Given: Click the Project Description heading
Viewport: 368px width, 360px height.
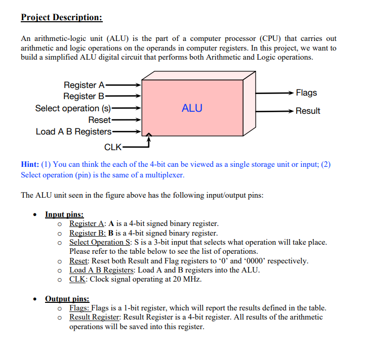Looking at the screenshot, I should [x=62, y=18].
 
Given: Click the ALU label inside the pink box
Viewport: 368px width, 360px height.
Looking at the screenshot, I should [x=192, y=108].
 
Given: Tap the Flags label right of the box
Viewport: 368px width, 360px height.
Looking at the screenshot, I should [x=306, y=93].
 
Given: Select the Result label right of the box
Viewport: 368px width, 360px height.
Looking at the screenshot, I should [x=308, y=111].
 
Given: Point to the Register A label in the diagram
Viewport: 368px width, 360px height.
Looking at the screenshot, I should [x=84, y=85].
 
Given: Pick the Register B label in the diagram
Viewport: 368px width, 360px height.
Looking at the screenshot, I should [x=84, y=96].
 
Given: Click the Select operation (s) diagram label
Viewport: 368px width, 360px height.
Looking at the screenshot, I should [x=73, y=108].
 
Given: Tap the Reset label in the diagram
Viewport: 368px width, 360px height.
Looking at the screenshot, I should [x=99, y=120].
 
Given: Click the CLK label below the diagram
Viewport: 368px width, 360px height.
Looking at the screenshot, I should [x=112, y=147].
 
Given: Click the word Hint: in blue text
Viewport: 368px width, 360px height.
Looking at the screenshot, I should [x=30, y=165].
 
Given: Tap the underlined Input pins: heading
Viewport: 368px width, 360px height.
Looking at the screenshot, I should [x=64, y=214].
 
